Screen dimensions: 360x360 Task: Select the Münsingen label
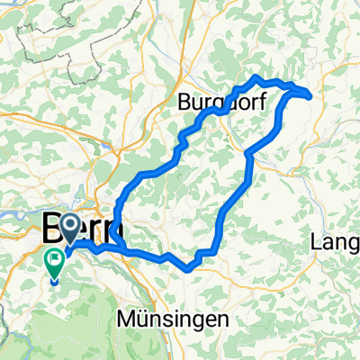[x=166, y=319]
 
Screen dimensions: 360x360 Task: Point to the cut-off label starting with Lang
[x=336, y=242]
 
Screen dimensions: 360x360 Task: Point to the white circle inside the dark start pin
[x=73, y=229]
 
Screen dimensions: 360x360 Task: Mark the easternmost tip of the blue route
[x=310, y=94]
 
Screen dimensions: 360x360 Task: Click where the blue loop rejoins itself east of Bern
[x=118, y=241]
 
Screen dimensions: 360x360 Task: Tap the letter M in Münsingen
[x=128, y=319]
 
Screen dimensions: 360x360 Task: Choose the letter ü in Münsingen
[x=143, y=319]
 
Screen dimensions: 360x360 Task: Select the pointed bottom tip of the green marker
[x=55, y=280]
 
